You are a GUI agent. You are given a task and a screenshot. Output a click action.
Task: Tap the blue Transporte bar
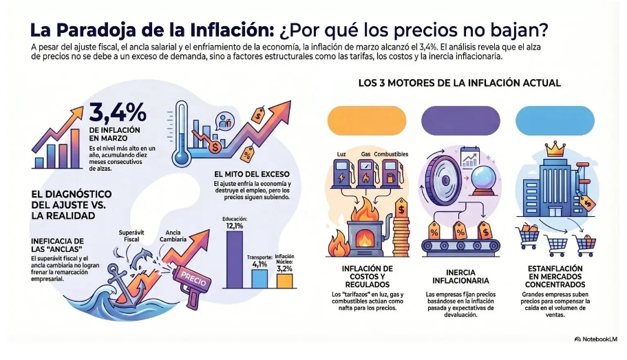[259, 277]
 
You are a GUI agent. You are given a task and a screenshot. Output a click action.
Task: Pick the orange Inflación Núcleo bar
[284, 280]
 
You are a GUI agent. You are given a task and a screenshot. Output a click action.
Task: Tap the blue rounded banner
[555, 119]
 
